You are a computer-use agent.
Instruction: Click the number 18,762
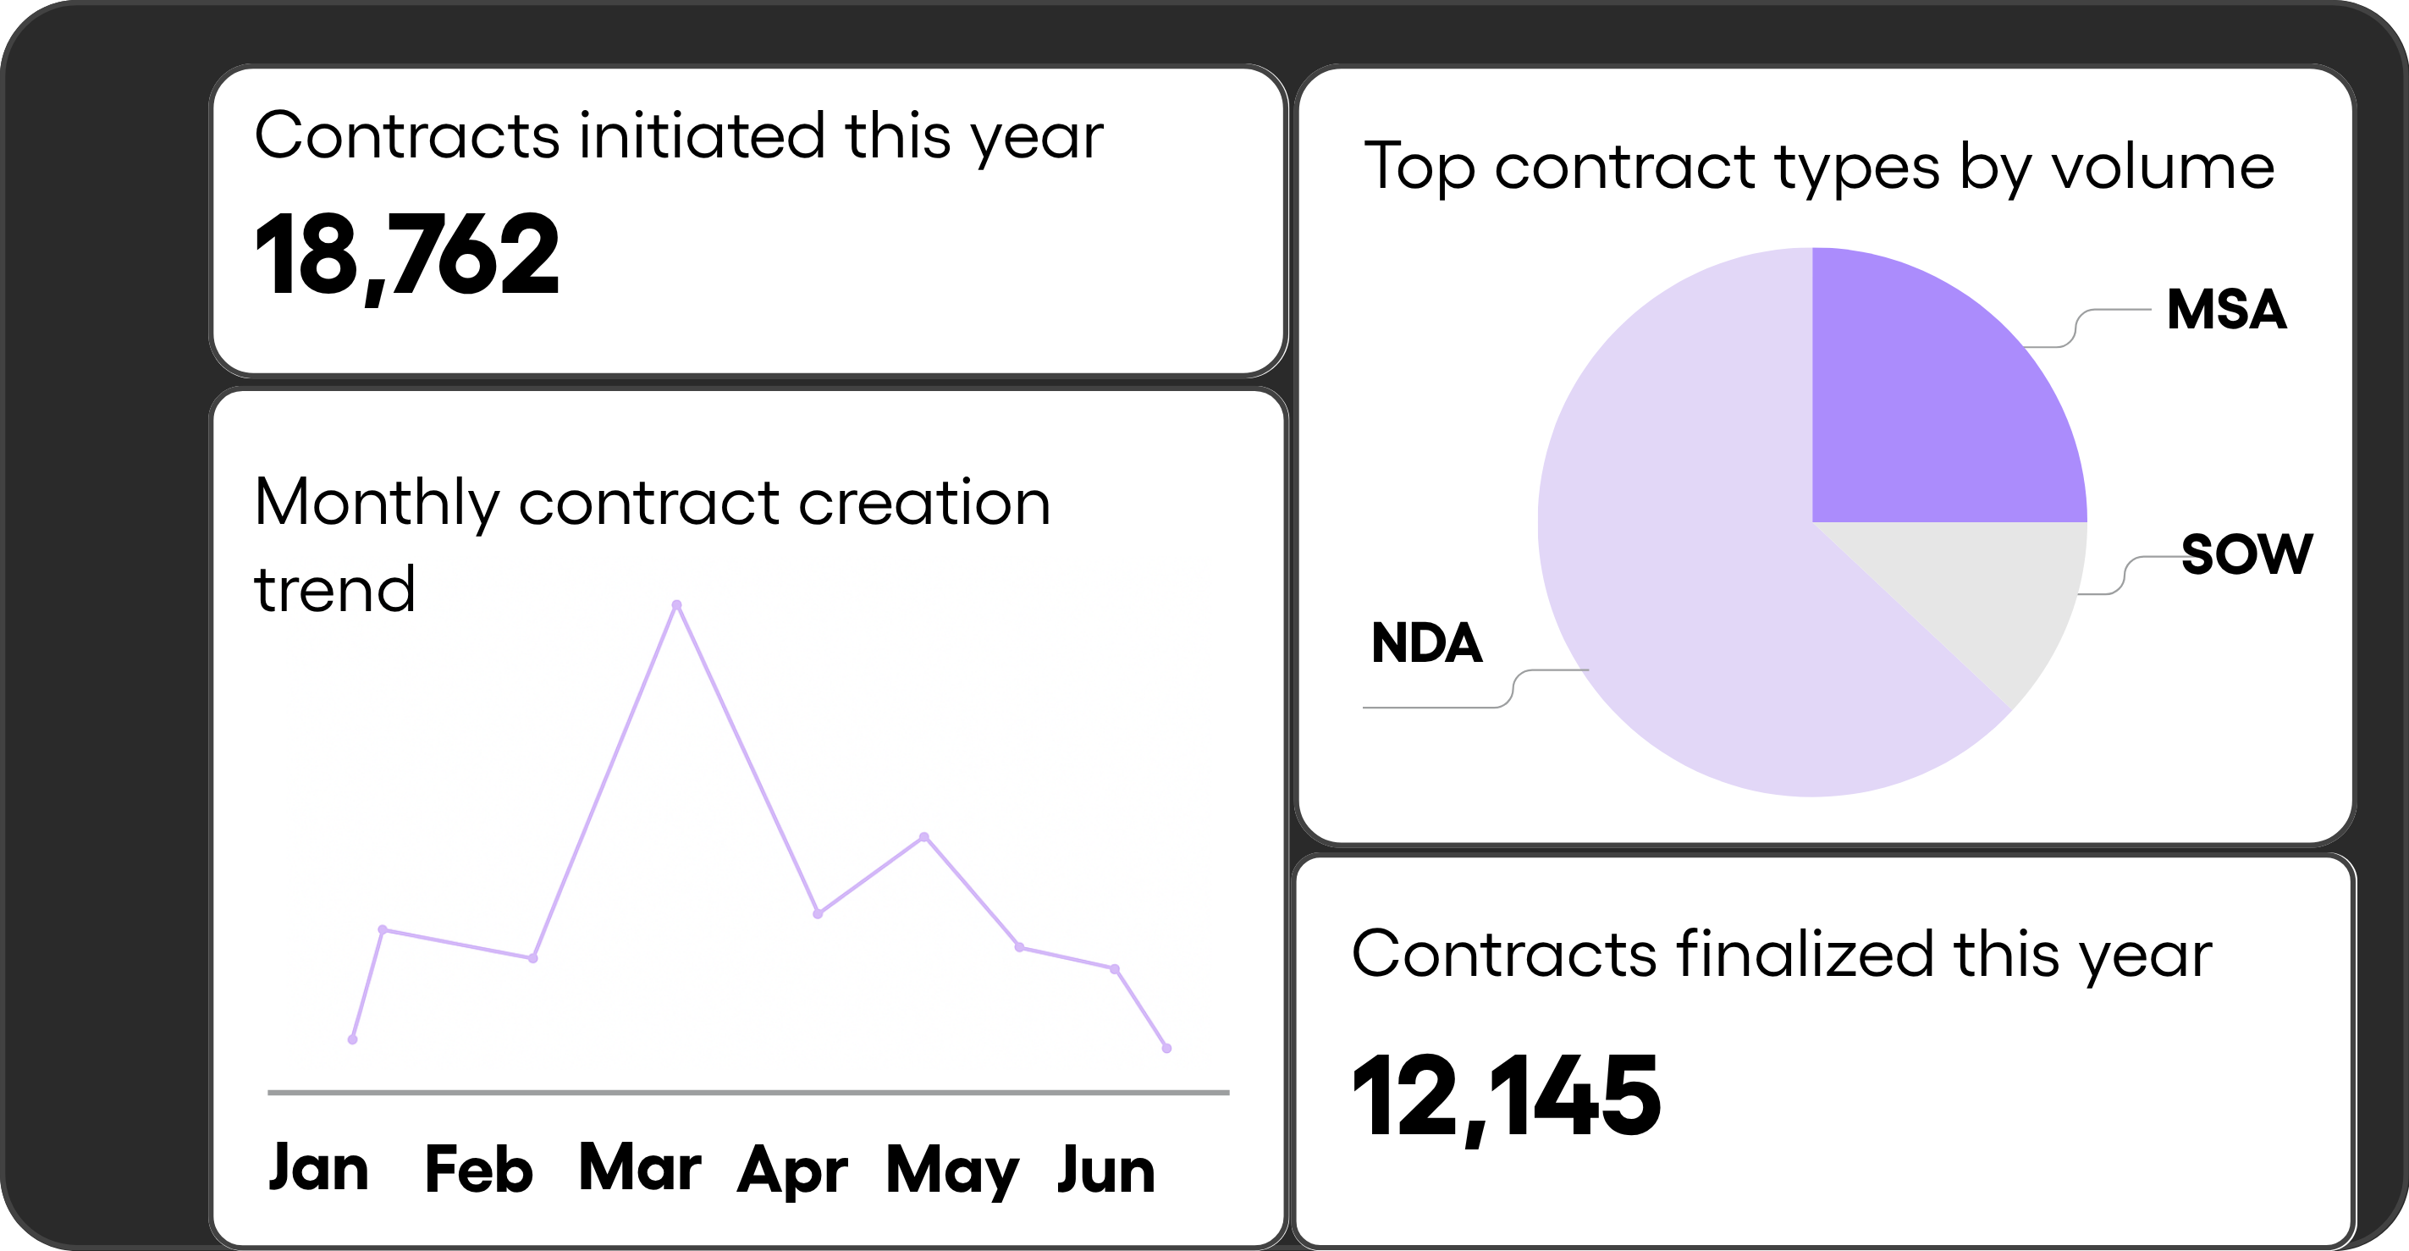(407, 254)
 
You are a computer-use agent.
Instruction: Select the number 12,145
(1506, 1095)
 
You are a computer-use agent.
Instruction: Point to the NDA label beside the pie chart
(1426, 643)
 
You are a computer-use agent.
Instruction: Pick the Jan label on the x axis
(319, 1169)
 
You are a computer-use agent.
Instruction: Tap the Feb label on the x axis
(479, 1169)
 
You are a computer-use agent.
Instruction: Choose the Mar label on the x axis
(640, 1169)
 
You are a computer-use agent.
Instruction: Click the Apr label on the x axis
(792, 1171)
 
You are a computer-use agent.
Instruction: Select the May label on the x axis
(952, 1171)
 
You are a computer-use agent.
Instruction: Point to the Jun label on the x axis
(1106, 1171)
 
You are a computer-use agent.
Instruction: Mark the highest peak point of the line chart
(677, 605)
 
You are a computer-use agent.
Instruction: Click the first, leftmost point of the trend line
(353, 1039)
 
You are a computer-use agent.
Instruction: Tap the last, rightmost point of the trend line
(1166, 1049)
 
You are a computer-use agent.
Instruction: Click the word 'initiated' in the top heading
(702, 136)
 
